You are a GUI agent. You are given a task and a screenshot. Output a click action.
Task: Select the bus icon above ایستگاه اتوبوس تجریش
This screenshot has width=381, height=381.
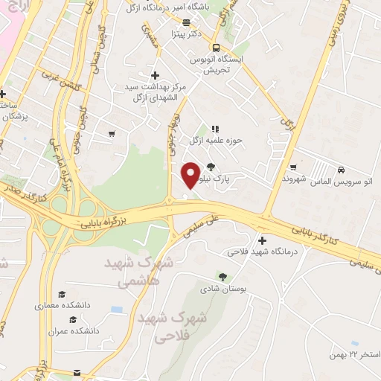coord(215,45)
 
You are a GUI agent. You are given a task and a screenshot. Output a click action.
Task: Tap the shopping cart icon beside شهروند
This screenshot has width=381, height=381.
coord(295,167)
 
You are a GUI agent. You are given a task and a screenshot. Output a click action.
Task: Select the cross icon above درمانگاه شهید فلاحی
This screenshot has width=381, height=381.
coord(261,240)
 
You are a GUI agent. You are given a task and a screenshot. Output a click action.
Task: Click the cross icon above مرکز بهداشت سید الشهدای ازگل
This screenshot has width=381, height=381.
coord(154,75)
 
